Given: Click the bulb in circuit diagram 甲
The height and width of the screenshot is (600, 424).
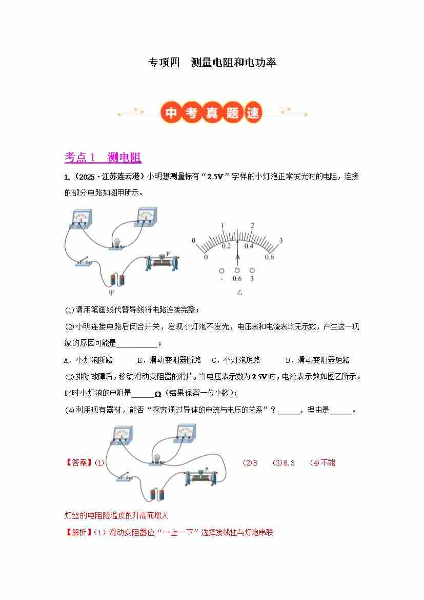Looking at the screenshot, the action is tap(117, 243).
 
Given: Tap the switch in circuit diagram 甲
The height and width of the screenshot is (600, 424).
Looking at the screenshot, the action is tap(84, 262).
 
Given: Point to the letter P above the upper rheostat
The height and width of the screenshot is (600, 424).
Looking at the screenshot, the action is tap(168, 254).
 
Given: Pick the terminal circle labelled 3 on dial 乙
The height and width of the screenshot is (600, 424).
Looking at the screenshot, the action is tap(252, 270).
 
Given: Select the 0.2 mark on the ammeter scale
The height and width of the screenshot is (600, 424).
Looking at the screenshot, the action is tap(226, 246).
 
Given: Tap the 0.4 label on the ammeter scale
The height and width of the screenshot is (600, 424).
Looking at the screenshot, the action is tap(249, 246).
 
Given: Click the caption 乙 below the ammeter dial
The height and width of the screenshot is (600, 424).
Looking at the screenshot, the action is tap(239, 293).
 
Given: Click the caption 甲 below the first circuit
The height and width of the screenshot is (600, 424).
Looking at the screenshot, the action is tap(111, 293).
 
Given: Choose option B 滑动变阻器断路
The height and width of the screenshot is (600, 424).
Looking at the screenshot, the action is tap(169, 360).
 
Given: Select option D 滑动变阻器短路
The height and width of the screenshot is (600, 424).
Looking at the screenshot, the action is tap(317, 360).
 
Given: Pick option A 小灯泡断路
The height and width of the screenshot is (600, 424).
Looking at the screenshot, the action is tap(88, 360).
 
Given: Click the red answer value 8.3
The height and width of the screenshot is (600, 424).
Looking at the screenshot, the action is tap(289, 462).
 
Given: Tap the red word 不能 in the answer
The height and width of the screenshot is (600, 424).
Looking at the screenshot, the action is tap(328, 462).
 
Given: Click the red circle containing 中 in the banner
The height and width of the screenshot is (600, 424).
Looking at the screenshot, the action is tap(171, 112).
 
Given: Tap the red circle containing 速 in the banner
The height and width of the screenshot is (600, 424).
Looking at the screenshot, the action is tap(253, 112).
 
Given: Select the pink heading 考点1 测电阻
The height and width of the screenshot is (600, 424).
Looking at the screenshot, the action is tap(103, 157).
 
